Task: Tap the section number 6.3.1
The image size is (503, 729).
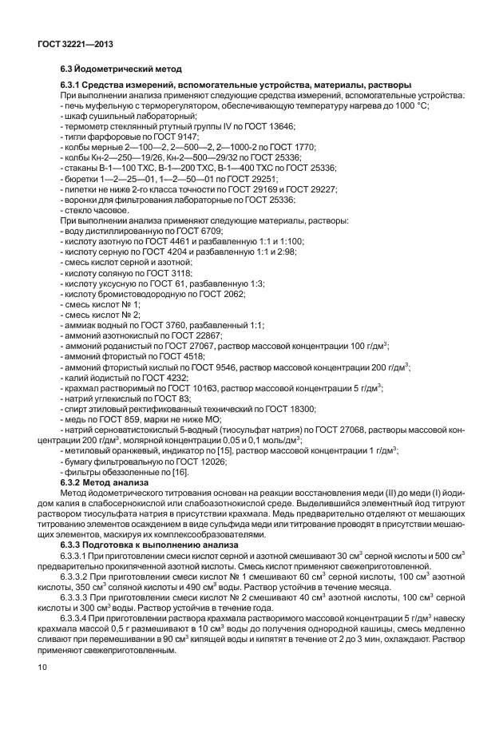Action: pos(73,85)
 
